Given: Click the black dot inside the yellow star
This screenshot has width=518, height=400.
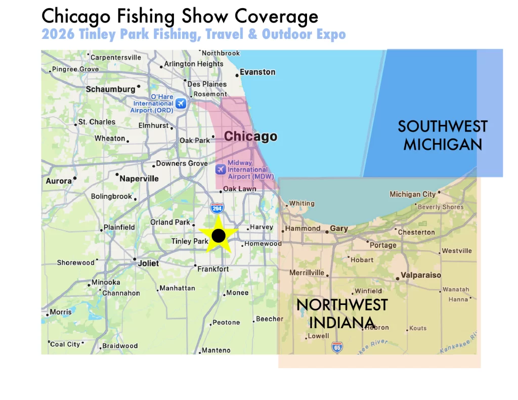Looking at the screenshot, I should (219, 235).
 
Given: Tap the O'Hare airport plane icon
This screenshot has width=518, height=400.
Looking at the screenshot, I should (181, 104).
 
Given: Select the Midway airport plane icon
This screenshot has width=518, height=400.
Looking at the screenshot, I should (221, 169).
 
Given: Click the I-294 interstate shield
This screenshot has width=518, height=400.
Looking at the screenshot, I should (217, 207).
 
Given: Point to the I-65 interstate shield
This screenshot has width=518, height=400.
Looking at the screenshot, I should (337, 347).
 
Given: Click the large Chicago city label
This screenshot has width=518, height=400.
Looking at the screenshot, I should (250, 137).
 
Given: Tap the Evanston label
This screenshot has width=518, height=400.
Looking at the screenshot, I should (257, 72).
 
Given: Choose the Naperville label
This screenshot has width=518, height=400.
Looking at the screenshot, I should (139, 179).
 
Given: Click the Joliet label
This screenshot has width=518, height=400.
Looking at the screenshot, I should (148, 263).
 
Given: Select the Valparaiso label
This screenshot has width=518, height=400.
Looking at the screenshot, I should (421, 276).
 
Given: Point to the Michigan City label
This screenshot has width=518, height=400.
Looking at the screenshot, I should (412, 194).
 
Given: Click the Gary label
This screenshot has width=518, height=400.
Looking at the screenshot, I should (339, 229).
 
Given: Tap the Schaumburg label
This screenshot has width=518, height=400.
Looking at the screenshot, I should (110, 90).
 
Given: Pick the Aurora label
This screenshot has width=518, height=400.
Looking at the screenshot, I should (59, 181).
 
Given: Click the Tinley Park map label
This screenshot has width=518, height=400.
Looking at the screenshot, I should (190, 241).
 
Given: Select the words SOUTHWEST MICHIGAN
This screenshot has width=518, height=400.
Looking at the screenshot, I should (443, 135).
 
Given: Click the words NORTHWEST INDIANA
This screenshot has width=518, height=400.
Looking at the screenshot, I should (342, 314).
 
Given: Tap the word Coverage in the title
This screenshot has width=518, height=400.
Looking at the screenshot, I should (276, 16).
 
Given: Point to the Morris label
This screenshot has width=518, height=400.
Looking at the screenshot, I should (61, 312).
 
